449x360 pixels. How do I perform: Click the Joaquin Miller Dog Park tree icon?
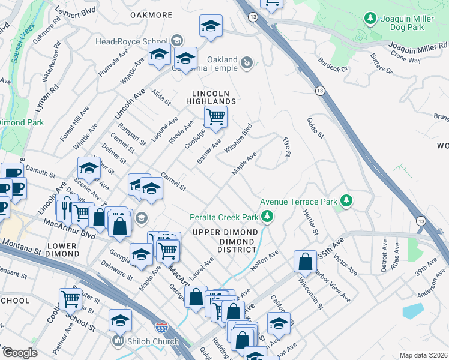[370, 19]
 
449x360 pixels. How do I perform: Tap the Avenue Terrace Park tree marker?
[346, 200]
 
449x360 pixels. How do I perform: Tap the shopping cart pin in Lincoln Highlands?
[215, 116]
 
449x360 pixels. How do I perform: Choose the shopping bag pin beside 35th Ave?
[305, 262]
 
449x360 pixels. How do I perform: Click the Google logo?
[19, 353]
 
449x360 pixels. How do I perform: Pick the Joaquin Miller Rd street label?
[417, 46]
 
